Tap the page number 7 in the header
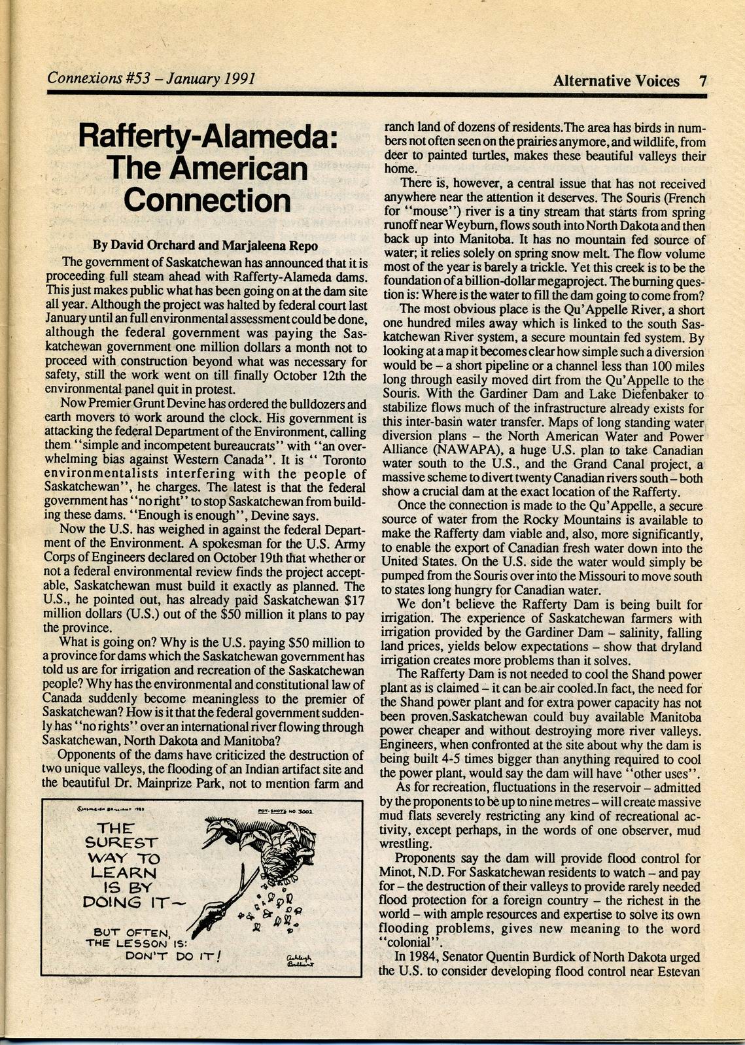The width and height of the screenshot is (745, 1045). click(x=702, y=81)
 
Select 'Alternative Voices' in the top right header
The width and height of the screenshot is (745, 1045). click(x=615, y=81)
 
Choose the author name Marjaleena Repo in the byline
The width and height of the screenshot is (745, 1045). click(x=271, y=246)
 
